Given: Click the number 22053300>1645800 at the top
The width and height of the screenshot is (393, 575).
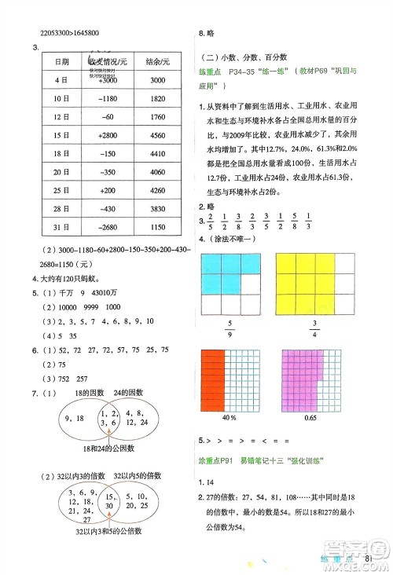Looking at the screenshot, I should tap(72, 33).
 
